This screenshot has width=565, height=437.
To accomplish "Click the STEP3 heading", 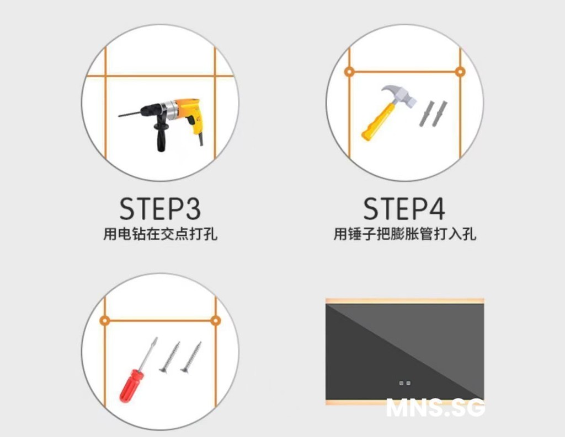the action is click(160, 209).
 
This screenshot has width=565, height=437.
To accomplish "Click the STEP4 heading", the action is click(404, 209).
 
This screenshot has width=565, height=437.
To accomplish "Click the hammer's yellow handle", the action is click(376, 122).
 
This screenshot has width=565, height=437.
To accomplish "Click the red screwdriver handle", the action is click(131, 386).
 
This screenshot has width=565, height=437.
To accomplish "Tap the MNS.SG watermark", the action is click(435, 408).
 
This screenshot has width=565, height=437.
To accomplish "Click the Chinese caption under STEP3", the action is click(161, 234).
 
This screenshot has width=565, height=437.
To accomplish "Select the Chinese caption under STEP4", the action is click(404, 234).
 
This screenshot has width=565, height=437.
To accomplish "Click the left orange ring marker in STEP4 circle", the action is click(349, 72).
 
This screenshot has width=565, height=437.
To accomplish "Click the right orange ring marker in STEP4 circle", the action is click(460, 72).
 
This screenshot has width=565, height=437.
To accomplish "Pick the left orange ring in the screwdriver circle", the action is click(104, 320).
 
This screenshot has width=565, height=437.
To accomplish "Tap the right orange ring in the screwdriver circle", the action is click(216, 320).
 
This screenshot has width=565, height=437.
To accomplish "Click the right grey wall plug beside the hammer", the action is click(440, 114).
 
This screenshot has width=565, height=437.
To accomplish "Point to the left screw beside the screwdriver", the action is click(170, 357).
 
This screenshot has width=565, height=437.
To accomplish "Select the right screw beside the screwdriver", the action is click(191, 357).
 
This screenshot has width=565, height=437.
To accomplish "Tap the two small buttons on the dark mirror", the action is click(404, 383).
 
